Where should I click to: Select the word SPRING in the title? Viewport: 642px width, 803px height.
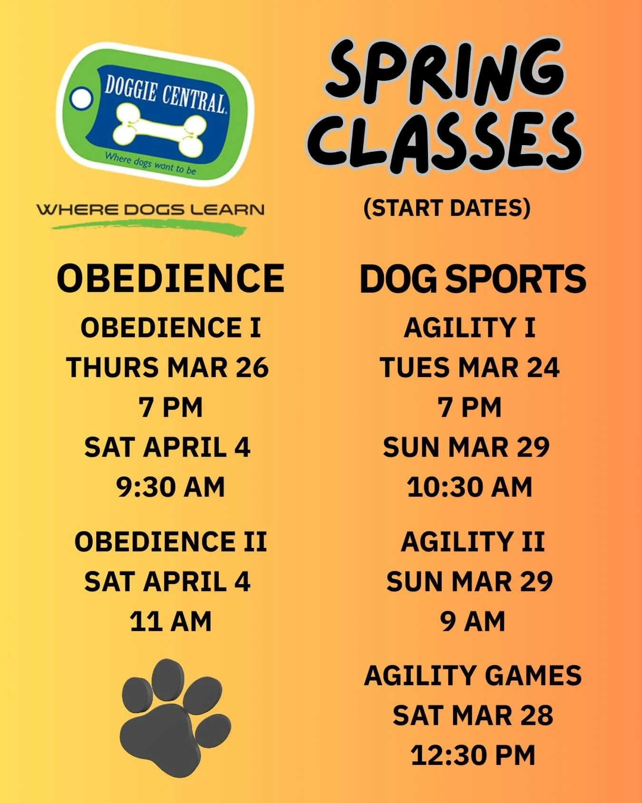click(x=445, y=71)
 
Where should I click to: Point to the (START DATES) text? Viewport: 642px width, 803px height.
click(x=447, y=208)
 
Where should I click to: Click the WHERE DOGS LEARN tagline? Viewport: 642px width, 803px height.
click(x=150, y=209)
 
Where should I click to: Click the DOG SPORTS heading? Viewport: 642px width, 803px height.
click(x=473, y=279)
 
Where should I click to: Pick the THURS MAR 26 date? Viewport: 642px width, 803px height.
click(x=167, y=368)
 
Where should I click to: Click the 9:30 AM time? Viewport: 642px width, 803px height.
click(x=170, y=487)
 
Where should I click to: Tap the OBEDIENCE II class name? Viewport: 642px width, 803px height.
click(x=170, y=542)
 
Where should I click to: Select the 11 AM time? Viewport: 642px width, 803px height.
click(x=170, y=622)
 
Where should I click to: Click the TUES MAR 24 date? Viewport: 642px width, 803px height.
click(x=469, y=368)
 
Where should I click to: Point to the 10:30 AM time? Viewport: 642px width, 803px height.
click(x=469, y=487)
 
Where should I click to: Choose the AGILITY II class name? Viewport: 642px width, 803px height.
click(x=472, y=542)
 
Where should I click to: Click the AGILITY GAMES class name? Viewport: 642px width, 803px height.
click(x=473, y=676)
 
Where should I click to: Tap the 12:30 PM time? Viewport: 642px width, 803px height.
click(x=473, y=755)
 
